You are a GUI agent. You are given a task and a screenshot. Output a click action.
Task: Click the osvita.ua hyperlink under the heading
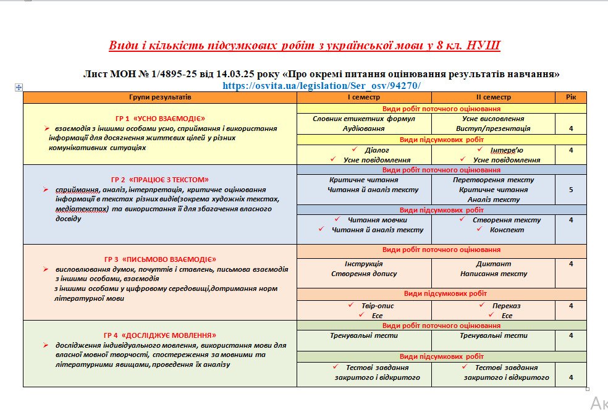(x=326, y=85)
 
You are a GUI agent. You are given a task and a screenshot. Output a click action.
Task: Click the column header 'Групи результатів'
(x=160, y=98)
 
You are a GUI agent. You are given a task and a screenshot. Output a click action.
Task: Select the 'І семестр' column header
(x=363, y=98)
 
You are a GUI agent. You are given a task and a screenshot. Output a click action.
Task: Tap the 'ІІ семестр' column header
(x=493, y=98)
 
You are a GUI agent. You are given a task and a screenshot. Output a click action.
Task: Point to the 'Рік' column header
(x=570, y=98)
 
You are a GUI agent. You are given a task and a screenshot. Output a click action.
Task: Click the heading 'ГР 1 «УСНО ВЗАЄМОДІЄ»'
(x=159, y=118)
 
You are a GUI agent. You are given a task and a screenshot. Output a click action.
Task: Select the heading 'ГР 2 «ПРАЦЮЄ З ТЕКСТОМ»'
(x=160, y=179)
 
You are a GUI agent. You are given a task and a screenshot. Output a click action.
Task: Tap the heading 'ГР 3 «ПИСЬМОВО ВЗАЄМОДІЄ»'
(x=160, y=259)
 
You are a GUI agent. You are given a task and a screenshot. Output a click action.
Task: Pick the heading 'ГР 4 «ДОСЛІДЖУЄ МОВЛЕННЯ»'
(x=160, y=335)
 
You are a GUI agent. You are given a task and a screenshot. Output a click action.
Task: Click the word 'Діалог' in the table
(x=377, y=150)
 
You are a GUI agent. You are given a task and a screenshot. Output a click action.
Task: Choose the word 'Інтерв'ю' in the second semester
(x=507, y=150)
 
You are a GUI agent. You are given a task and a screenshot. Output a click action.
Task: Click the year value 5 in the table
(x=570, y=190)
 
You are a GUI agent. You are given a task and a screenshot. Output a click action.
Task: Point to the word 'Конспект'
(x=507, y=230)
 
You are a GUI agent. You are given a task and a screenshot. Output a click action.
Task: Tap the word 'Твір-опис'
(x=378, y=306)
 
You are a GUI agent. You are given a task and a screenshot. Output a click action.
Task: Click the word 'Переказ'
(x=506, y=306)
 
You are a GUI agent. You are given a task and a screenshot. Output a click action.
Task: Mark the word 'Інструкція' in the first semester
(x=363, y=264)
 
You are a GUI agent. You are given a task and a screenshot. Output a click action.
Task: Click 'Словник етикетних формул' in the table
(x=363, y=119)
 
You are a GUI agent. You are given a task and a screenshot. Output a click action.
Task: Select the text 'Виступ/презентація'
(x=493, y=128)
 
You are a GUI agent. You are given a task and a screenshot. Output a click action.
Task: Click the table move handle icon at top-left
(x=19, y=88)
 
